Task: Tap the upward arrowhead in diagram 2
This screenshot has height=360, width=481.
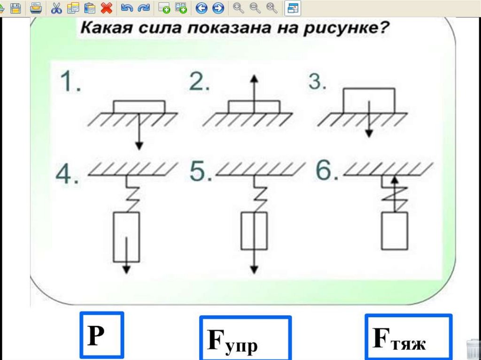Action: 254,78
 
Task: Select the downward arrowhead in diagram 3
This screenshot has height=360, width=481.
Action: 369,133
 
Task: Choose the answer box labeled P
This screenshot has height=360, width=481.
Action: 101,335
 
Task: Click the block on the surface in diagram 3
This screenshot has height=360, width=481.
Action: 369,100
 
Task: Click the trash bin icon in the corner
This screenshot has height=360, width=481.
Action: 473,350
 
